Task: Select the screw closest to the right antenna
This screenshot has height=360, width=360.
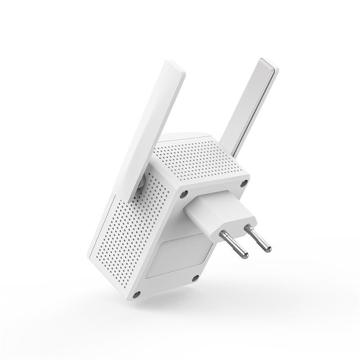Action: [244, 183]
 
